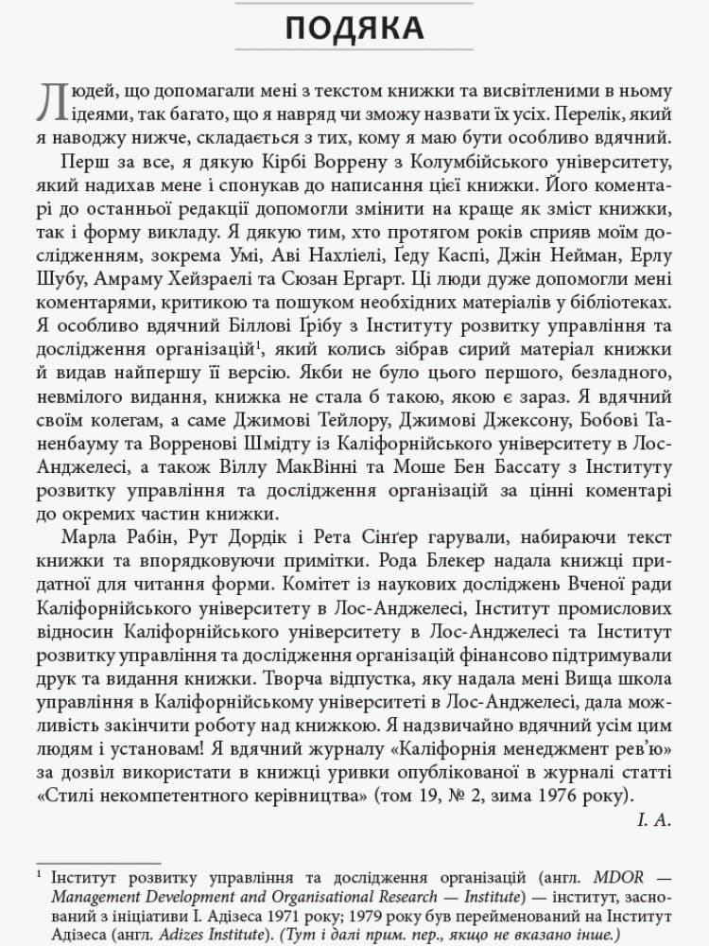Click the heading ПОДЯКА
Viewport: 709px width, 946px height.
click(354, 27)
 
